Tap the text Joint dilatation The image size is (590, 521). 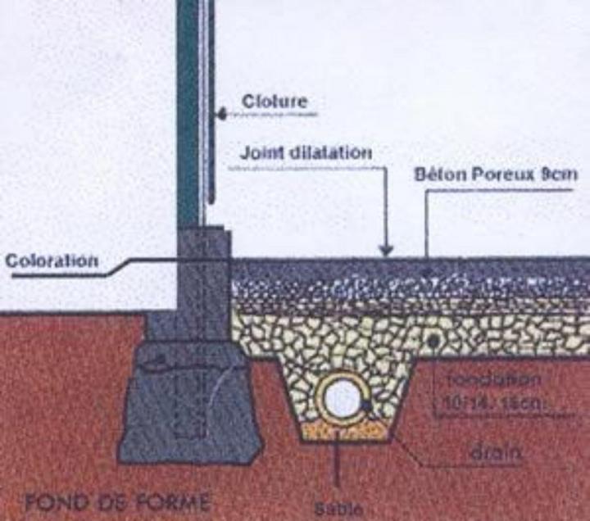[x=306, y=153]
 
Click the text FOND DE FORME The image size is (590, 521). [x=117, y=501]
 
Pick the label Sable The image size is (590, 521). [x=338, y=507]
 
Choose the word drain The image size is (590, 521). [x=497, y=451]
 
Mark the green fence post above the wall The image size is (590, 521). [x=188, y=115]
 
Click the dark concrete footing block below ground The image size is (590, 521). [x=188, y=401]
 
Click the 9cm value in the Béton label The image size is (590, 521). [x=564, y=174]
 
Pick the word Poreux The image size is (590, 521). [x=513, y=174]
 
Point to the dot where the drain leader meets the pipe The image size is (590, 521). [x=368, y=405]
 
